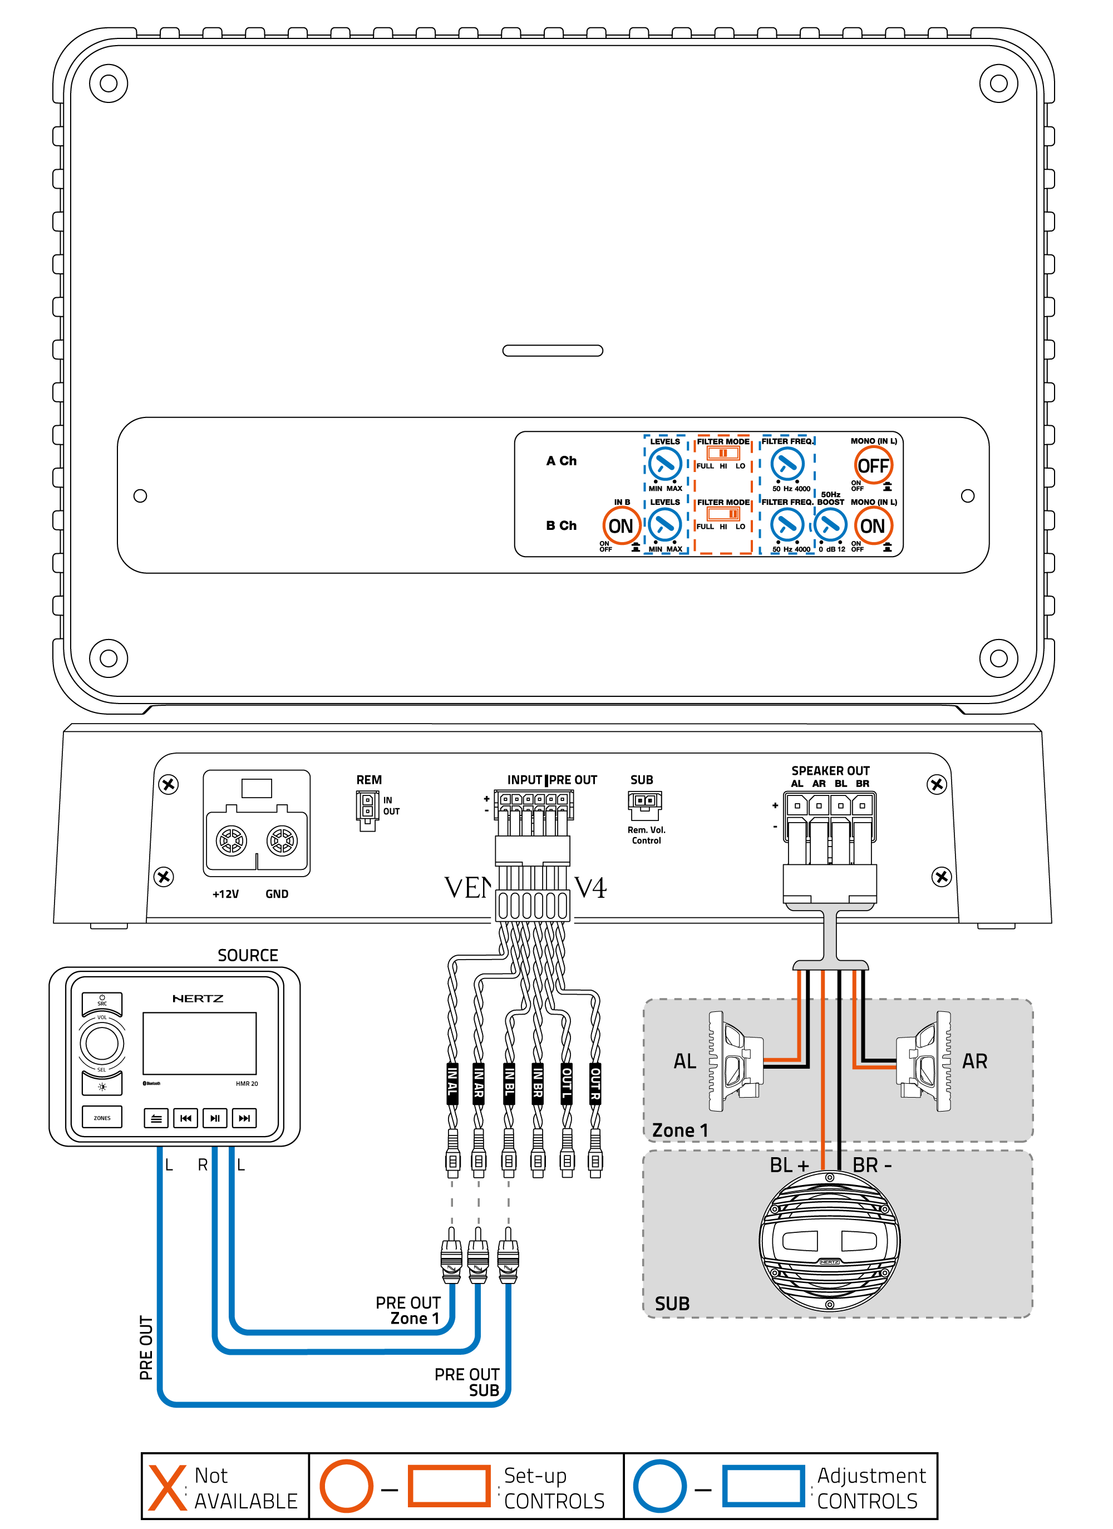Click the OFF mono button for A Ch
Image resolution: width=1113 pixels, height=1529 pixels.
[x=873, y=465]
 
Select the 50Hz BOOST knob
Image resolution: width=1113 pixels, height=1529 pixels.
[x=830, y=524]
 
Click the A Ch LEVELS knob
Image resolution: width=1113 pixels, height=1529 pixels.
[x=664, y=464]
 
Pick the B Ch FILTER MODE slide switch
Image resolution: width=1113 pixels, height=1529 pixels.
[x=723, y=514]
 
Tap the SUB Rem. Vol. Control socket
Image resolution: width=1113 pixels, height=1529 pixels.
[x=644, y=802]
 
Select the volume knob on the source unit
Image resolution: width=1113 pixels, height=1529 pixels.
[x=102, y=1043]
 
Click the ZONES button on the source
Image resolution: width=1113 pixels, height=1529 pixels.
[x=102, y=1118]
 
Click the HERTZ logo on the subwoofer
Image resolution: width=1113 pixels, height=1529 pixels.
[x=829, y=1261]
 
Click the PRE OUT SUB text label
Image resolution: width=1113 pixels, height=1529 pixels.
[x=466, y=1382]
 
